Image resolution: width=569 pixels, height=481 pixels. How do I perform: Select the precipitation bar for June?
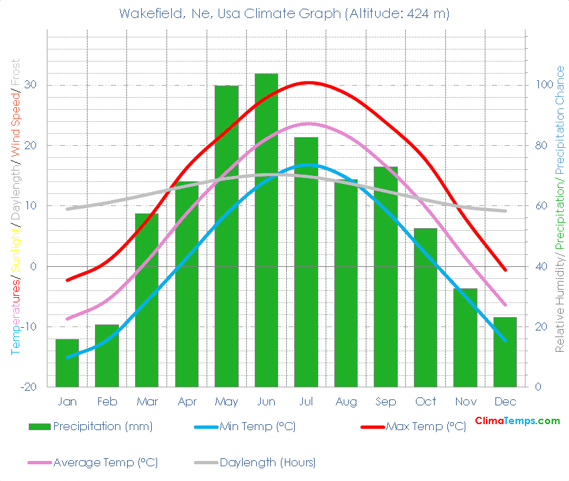266,230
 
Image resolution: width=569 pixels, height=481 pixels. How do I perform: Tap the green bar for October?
425,307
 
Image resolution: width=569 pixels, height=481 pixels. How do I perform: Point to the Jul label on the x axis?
306,402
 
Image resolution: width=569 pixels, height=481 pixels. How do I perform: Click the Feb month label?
107,402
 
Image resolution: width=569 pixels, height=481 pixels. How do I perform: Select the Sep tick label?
386,402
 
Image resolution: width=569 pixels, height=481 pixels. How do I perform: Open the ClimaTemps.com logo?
517,421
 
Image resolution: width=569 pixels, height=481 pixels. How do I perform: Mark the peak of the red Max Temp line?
308,82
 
